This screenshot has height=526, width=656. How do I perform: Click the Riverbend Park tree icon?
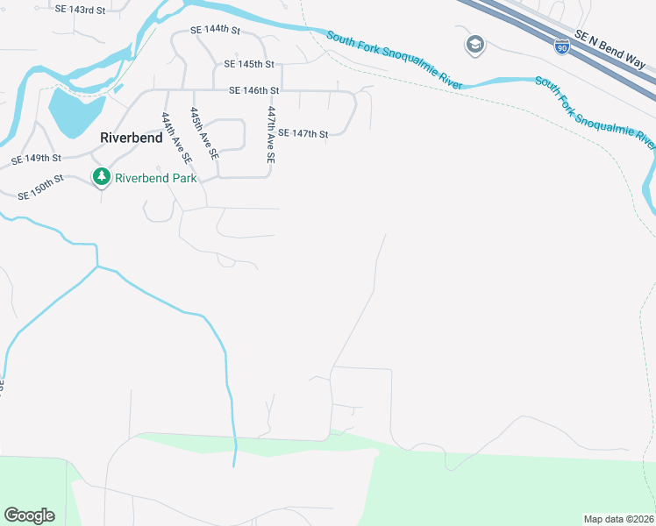pyautogui.click(x=102, y=178)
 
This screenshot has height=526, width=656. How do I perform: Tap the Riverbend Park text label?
pyautogui.click(x=154, y=178)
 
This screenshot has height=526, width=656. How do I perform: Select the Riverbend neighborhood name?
pyautogui.click(x=132, y=138)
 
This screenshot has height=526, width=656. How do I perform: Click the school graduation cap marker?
pyautogui.click(x=474, y=45)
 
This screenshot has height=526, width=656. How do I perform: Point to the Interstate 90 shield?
pyautogui.click(x=561, y=47)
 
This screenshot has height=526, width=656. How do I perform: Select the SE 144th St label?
pyautogui.click(x=215, y=30)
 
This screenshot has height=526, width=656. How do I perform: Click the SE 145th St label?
pyautogui.click(x=249, y=64)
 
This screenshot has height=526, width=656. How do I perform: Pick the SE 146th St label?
pyautogui.click(x=253, y=90)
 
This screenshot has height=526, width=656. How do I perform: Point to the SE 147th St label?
pyautogui.click(x=303, y=134)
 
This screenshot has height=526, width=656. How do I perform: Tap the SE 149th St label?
pyautogui.click(x=36, y=160)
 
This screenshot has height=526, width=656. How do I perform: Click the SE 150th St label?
pyautogui.click(x=40, y=187)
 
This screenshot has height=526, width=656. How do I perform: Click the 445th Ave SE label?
pyautogui.click(x=203, y=133)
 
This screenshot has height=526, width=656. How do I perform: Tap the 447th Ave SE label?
pyautogui.click(x=271, y=135)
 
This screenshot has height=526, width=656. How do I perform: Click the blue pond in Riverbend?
pyautogui.click(x=66, y=110)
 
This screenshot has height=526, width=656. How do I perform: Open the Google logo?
pyautogui.click(x=29, y=515)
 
